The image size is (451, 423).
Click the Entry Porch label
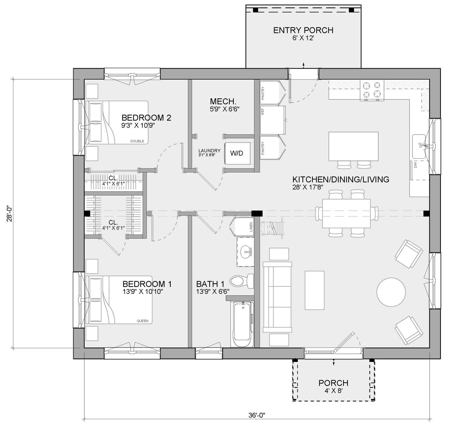(303, 30)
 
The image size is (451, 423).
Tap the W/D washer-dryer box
(237, 153)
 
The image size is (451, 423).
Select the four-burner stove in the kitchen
(372, 90)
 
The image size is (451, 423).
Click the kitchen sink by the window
(419, 146)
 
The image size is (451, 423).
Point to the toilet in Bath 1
(241, 281)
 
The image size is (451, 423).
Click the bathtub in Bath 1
(243, 324)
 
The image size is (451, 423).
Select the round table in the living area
(391, 292)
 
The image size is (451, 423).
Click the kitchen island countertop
(353, 146)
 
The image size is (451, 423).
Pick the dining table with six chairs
(346, 213)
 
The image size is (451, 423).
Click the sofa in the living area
(277, 295)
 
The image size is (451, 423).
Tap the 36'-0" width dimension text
(257, 415)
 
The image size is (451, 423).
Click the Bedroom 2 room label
(146, 118)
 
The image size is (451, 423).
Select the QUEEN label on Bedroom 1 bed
(142, 321)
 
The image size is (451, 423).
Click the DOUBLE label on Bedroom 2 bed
(137, 141)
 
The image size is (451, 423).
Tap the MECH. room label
(223, 102)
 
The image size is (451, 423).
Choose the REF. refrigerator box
(273, 120)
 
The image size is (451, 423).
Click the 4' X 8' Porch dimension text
(333, 391)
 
